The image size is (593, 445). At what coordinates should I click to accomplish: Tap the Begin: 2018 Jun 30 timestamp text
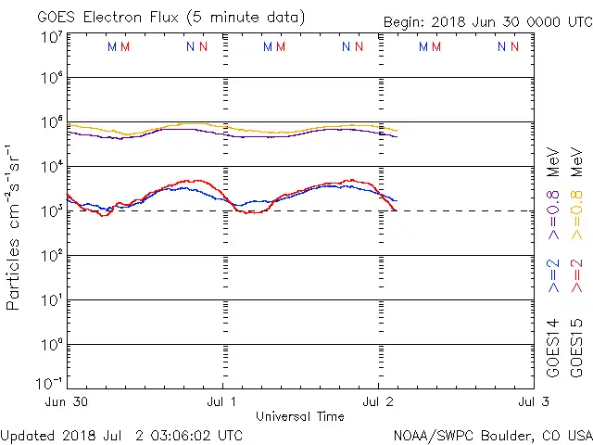(487, 22)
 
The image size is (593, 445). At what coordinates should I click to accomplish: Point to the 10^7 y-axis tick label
(52, 38)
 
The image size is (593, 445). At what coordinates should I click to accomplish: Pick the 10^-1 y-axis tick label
(50, 383)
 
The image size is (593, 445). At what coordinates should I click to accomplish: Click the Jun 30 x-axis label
(68, 401)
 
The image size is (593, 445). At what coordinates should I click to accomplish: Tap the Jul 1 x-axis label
(222, 401)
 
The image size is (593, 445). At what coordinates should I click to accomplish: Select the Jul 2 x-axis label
(378, 401)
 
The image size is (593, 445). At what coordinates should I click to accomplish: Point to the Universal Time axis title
(300, 416)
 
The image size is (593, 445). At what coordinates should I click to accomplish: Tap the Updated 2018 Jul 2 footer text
(121, 435)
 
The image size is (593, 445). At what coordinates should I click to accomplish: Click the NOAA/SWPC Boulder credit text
(492, 435)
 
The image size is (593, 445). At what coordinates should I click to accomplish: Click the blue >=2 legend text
(553, 276)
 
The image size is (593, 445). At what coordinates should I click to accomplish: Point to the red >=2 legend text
(576, 276)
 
